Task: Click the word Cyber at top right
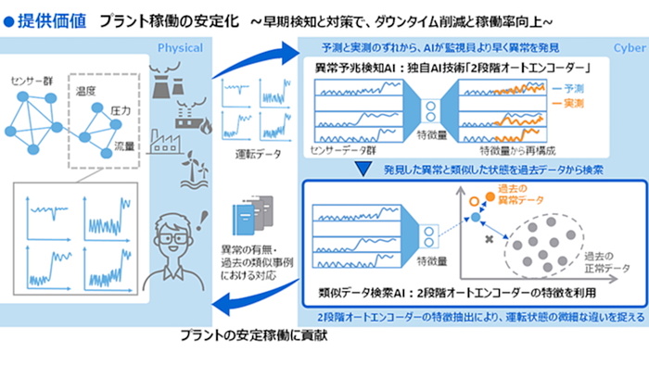(630, 47)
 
